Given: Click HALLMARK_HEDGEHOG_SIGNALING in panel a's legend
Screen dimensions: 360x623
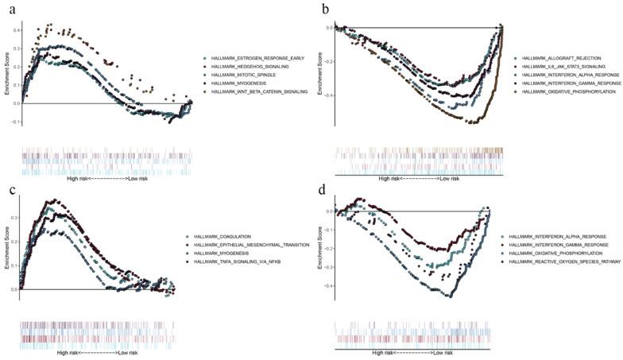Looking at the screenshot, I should [x=250, y=67].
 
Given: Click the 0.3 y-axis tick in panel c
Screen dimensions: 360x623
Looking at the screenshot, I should [x=14, y=216].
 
